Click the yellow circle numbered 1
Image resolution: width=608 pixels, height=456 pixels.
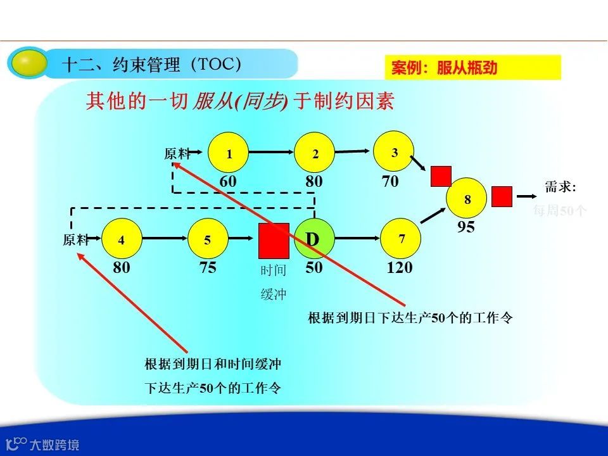tap(229, 153)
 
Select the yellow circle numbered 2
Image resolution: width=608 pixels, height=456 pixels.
tap(315, 153)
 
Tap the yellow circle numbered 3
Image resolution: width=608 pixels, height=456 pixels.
tap(394, 152)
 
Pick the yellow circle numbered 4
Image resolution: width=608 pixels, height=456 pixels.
tap(121, 239)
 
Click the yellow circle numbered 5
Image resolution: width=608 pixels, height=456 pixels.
tap(208, 239)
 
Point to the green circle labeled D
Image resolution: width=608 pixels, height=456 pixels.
tap(313, 239)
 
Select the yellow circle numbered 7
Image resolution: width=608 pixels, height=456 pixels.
tap(401, 239)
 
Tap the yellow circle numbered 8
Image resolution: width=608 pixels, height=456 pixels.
tap(467, 199)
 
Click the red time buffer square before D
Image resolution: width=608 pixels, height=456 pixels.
tap(274, 240)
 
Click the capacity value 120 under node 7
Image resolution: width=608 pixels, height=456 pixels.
tap(400, 268)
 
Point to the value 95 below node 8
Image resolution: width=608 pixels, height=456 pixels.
tap(466, 227)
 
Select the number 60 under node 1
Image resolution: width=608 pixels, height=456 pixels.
tap(228, 182)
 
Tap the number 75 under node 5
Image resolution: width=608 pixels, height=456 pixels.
tap(208, 268)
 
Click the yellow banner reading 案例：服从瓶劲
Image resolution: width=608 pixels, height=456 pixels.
tap(472, 68)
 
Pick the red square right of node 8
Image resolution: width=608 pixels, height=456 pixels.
tap(502, 196)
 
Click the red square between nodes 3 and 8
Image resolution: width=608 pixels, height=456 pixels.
tap(441, 176)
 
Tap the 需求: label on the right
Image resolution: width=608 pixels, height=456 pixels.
tap(560, 187)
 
